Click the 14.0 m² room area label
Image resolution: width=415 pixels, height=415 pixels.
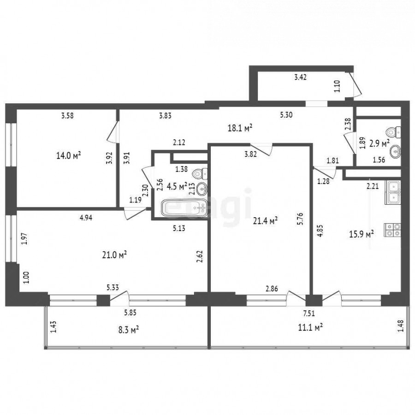(x=68, y=155)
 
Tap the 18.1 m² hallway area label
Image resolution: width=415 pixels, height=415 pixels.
(x=240, y=128)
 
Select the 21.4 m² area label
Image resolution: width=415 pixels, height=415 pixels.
(x=265, y=220)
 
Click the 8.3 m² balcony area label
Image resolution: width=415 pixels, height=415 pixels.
(x=128, y=330)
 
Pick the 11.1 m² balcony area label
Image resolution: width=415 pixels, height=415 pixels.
(x=310, y=328)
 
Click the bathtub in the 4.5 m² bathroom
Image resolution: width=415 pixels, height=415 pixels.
(x=184, y=208)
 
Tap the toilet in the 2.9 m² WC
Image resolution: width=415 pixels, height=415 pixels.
(x=394, y=132)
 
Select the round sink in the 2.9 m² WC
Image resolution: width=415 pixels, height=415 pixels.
(x=396, y=151)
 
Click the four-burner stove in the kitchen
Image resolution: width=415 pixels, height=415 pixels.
(x=393, y=230)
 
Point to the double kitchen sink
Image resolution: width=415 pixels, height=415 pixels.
(x=393, y=192)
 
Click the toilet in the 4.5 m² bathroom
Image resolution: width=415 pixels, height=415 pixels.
(x=201, y=174)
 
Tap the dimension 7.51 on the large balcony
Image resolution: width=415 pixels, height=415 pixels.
(x=309, y=314)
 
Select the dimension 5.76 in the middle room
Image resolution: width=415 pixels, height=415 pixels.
(x=303, y=219)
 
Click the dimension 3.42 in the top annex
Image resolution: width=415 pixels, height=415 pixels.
(x=300, y=77)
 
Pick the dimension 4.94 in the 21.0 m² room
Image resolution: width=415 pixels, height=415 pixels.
(x=86, y=218)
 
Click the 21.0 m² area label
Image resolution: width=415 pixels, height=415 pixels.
(x=114, y=255)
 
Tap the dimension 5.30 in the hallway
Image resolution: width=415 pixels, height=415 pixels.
(x=286, y=115)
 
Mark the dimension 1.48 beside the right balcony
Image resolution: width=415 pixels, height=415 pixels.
(x=402, y=326)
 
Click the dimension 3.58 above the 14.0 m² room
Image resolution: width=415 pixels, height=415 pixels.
(x=67, y=116)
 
